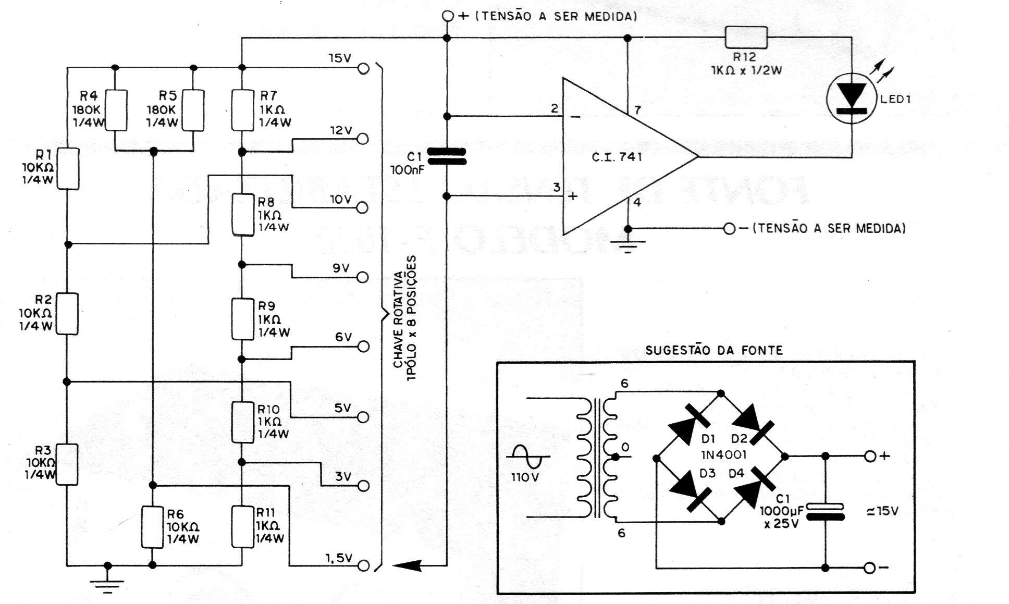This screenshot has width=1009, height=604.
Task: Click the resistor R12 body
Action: pyautogui.click(x=746, y=38)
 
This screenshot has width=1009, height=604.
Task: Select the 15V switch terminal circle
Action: pyautogui.click(x=363, y=68)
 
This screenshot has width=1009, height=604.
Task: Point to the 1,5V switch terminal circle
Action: pyautogui.click(x=363, y=565)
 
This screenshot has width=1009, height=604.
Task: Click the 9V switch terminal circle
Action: pyautogui.click(x=363, y=277)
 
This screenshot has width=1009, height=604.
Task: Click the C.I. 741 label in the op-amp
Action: pyautogui.click(x=617, y=157)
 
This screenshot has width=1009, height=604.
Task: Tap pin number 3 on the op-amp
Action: pyautogui.click(x=557, y=187)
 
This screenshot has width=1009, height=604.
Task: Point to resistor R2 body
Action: pyautogui.click(x=67, y=313)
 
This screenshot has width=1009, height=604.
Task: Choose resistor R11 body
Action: pyautogui.click(x=242, y=526)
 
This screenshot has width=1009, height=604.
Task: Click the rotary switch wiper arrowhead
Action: pyautogui.click(x=407, y=565)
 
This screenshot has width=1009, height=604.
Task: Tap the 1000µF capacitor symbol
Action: pyautogui.click(x=825, y=511)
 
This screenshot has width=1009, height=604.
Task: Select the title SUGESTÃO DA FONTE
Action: pyautogui.click(x=714, y=350)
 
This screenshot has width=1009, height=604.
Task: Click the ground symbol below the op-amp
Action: pyautogui.click(x=628, y=245)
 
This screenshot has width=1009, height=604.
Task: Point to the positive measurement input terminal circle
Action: pyautogui.click(x=447, y=16)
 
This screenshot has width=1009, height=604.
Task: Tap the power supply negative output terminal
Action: pyautogui.click(x=869, y=568)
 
